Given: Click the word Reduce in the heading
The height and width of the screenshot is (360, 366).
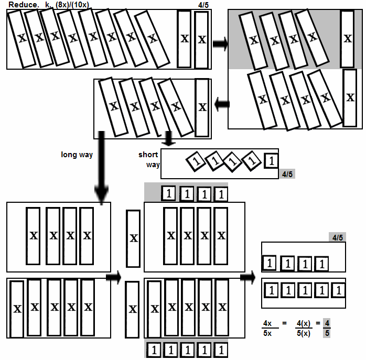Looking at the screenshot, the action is [24, 4].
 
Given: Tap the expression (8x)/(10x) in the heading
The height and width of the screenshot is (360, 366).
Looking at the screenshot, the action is [72, 5].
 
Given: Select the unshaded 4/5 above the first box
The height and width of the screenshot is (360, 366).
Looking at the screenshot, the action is [203, 5].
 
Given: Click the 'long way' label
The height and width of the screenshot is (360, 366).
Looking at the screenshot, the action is [77, 155].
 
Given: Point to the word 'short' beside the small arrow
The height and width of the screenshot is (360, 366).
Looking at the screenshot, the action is [148, 155].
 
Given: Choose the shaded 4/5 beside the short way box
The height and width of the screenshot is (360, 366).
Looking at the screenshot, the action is [287, 174].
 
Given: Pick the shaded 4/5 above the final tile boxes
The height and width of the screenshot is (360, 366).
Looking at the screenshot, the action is [338, 237].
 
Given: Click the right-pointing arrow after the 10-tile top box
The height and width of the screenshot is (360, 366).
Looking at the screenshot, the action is [220, 43].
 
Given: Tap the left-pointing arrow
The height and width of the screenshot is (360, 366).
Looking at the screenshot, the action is [222, 104].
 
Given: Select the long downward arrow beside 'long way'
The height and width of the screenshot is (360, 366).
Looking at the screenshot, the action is [101, 168].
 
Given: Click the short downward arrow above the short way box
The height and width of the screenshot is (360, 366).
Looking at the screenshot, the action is [168, 138].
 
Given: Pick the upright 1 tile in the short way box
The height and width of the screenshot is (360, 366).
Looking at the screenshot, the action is [271, 161].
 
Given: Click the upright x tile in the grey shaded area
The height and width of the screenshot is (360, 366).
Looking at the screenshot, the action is [347, 39].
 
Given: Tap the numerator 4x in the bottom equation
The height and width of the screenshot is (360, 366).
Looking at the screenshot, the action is [267, 323].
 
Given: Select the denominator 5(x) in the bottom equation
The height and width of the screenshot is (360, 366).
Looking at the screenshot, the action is [304, 333].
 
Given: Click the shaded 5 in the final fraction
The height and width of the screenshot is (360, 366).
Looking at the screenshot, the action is [327, 333].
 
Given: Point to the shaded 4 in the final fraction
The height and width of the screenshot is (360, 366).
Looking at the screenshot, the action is [327, 323].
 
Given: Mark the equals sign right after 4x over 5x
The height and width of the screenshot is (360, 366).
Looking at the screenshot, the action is [284, 323].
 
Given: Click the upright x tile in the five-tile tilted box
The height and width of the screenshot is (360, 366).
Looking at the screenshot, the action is [202, 107].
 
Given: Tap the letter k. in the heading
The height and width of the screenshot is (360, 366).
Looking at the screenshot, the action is [48, 4].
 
